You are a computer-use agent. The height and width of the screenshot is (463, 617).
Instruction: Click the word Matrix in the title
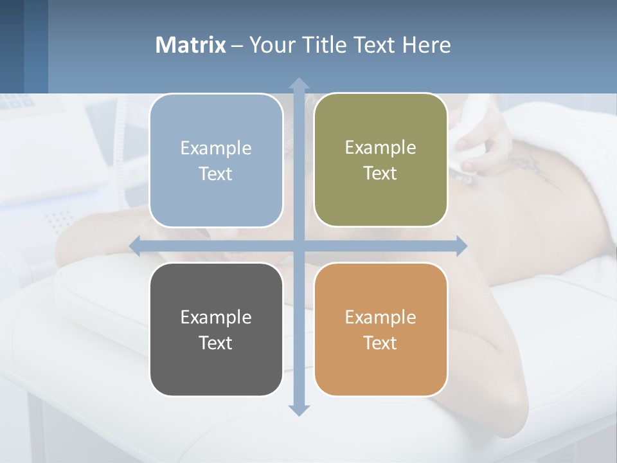pyautogui.click(x=190, y=45)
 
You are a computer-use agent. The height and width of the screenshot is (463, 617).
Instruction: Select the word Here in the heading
pyautogui.click(x=426, y=45)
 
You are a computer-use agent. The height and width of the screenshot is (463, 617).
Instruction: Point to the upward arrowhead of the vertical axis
pyautogui.click(x=298, y=83)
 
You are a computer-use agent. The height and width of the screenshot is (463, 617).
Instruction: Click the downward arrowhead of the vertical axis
pyautogui.click(x=298, y=410)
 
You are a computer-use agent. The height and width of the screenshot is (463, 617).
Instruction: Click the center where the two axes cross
pyautogui.click(x=298, y=246)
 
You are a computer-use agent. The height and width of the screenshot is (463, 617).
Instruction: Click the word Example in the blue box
pyautogui.click(x=216, y=148)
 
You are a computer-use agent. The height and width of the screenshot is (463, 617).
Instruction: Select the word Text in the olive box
pyautogui.click(x=380, y=174)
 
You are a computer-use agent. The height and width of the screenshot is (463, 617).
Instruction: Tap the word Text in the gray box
pyautogui.click(x=216, y=343)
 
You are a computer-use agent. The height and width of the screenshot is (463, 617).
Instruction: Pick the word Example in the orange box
pyautogui.click(x=380, y=317)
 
